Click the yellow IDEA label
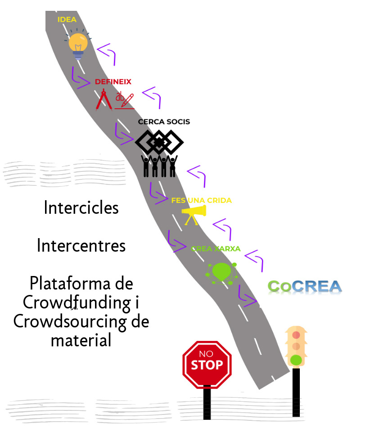tap(67, 19)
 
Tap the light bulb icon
tap(78, 44)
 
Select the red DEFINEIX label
tap(113, 82)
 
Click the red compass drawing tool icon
tap(104, 100)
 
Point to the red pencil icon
tap(128, 99)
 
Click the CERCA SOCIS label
tap(164, 122)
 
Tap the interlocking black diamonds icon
tap(159, 143)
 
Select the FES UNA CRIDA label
tap(201, 200)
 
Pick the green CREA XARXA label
tap(216, 248)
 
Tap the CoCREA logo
tap(305, 286)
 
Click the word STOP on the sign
tap(207, 365)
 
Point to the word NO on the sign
tap(206, 354)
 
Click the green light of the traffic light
tap(296, 359)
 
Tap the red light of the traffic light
tap(296, 335)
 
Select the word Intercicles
tap(81, 208)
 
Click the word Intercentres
tap(81, 246)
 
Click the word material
tap(81, 340)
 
